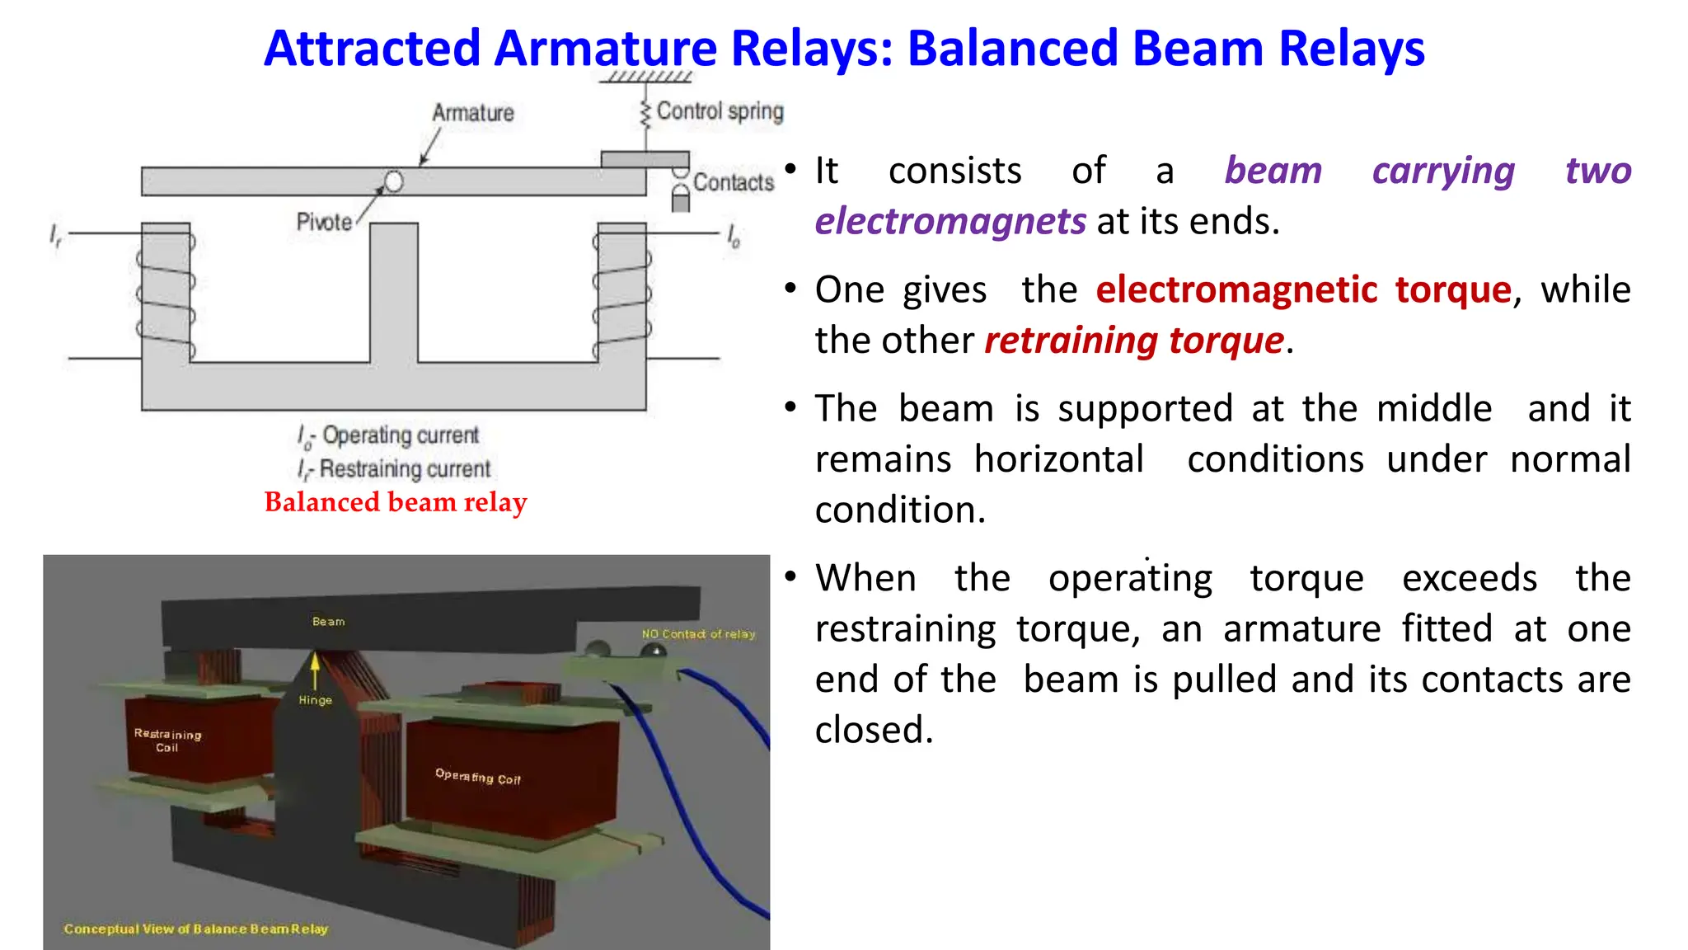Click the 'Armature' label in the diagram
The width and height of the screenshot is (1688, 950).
point(473,113)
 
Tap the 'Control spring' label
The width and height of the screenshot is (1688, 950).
point(720,111)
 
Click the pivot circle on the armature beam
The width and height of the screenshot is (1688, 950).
point(394,181)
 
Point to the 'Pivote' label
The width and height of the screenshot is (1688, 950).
point(324,222)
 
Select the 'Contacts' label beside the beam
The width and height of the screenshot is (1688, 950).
point(734,182)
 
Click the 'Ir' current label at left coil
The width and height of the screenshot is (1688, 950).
point(55,236)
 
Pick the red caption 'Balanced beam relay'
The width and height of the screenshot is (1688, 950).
point(395,501)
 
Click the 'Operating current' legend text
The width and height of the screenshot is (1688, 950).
point(400,435)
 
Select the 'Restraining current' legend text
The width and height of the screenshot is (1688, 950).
point(404,468)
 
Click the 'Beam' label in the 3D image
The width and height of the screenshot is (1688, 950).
point(328,621)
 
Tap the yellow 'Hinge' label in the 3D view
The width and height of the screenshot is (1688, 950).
point(315,700)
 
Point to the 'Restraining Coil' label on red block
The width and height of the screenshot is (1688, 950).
point(167,740)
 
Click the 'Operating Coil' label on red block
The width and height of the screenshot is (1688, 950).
point(478,776)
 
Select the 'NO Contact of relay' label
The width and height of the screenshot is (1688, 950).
point(698,634)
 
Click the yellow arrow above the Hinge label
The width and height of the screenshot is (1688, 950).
point(314,669)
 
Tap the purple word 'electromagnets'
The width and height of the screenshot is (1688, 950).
point(950,222)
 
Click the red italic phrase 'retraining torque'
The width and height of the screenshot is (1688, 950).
point(1134,341)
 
